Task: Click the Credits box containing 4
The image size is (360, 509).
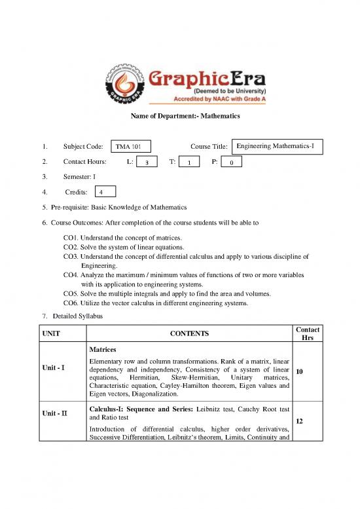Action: click(105, 192)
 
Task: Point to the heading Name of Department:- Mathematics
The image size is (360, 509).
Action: click(179, 116)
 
